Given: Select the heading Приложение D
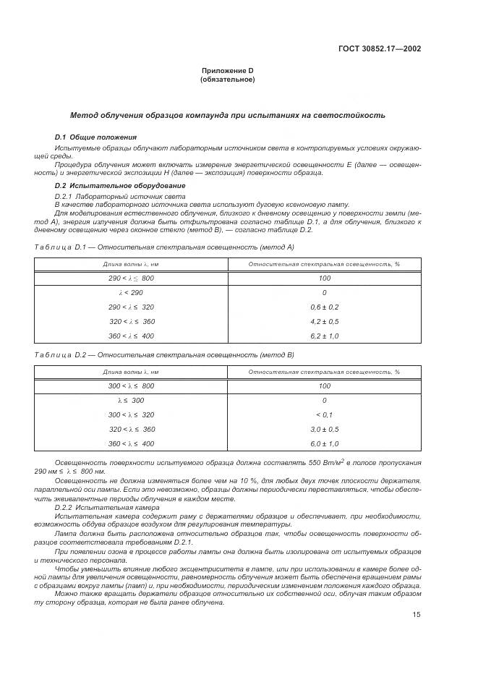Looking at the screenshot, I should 227,70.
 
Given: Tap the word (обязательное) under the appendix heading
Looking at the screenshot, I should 227,79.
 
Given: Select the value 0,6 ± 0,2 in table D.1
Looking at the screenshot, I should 323,307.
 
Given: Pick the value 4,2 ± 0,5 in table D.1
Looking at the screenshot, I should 323,321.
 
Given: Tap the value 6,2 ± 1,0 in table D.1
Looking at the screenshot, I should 323,336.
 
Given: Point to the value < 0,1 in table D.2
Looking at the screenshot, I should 323,414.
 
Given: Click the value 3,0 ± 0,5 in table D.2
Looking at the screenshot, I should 323,429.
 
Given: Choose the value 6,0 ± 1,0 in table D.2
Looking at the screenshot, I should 323,443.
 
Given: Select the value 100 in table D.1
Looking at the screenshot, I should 323,278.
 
